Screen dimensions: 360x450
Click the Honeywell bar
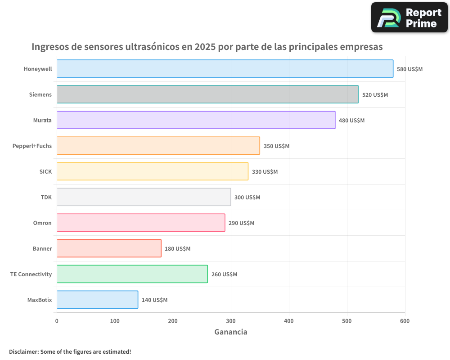pos(225,69)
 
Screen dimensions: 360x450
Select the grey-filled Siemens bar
pos(207,94)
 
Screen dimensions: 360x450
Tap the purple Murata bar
pos(196,120)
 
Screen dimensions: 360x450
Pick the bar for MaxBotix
pos(97,300)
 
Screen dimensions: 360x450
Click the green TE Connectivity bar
pos(132,274)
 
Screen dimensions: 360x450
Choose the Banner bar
pos(109,248)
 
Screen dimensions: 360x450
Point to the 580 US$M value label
pos(409,69)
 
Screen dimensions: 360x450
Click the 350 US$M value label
pos(276,146)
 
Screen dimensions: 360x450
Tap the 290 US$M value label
pos(241,223)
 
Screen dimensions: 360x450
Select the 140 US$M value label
pos(154,300)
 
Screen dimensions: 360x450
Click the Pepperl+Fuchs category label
pos(32,146)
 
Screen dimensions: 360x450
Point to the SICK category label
pos(45,171)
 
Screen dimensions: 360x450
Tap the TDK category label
pos(46,197)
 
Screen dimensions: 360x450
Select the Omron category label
pos(42,223)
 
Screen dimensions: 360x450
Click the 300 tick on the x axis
pos(231,321)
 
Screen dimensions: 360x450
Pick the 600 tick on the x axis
pos(405,321)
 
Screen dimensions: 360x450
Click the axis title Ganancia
pos(231,332)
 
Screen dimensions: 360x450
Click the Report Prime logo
pos(409,18)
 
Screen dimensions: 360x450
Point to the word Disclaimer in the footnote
pos(23,351)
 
